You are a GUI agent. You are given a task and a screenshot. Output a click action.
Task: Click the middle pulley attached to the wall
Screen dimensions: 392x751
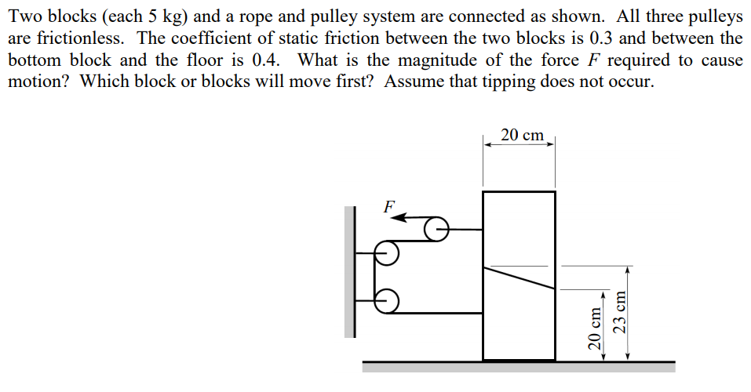pos(386,252)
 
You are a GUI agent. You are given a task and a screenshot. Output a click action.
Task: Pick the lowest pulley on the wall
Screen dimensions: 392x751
pos(386,299)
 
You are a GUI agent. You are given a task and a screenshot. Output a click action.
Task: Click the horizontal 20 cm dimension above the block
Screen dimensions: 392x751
pos(521,136)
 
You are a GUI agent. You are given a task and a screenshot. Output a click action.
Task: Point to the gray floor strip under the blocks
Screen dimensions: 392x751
pos(518,366)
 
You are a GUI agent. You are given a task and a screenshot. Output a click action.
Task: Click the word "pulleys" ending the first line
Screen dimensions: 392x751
pos(714,16)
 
